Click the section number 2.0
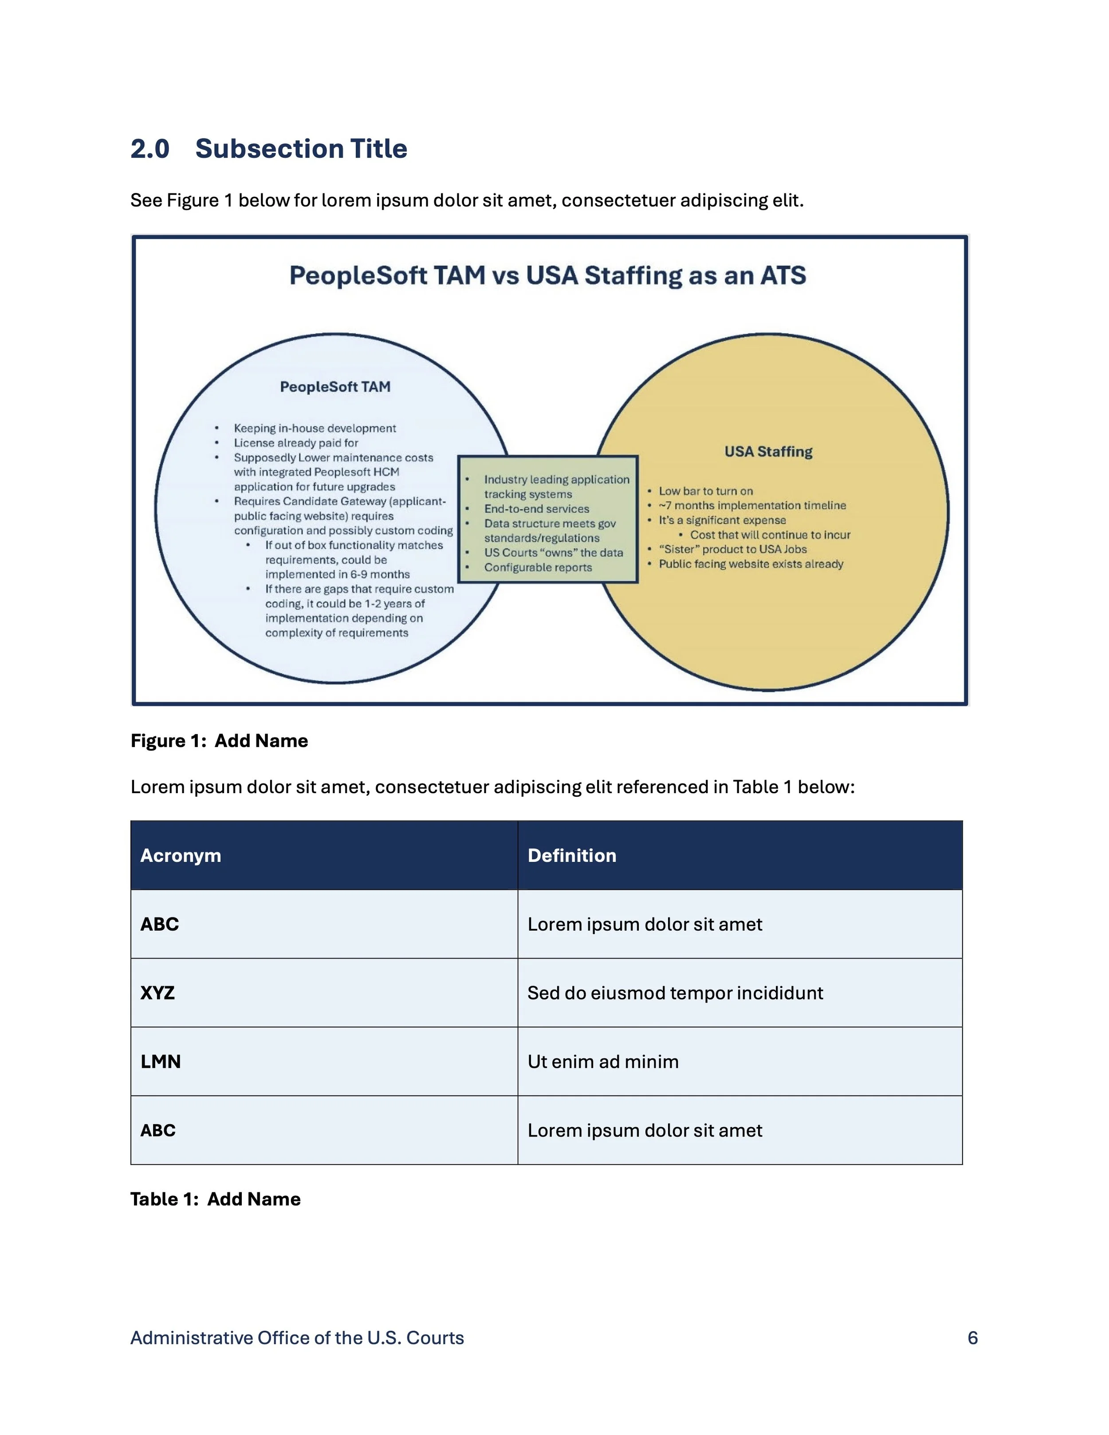pyautogui.click(x=150, y=149)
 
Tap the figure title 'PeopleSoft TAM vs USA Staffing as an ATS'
pyautogui.click(x=547, y=275)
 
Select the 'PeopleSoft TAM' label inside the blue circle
pyautogui.click(x=335, y=387)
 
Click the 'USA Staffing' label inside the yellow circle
pyautogui.click(x=768, y=452)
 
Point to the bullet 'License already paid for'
pyautogui.click(x=295, y=443)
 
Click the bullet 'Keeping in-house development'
pyautogui.click(x=315, y=429)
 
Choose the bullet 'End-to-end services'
pyautogui.click(x=536, y=508)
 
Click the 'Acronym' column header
pyautogui.click(x=181, y=856)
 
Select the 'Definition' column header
pyautogui.click(x=572, y=856)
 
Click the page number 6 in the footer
pyautogui.click(x=972, y=1338)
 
